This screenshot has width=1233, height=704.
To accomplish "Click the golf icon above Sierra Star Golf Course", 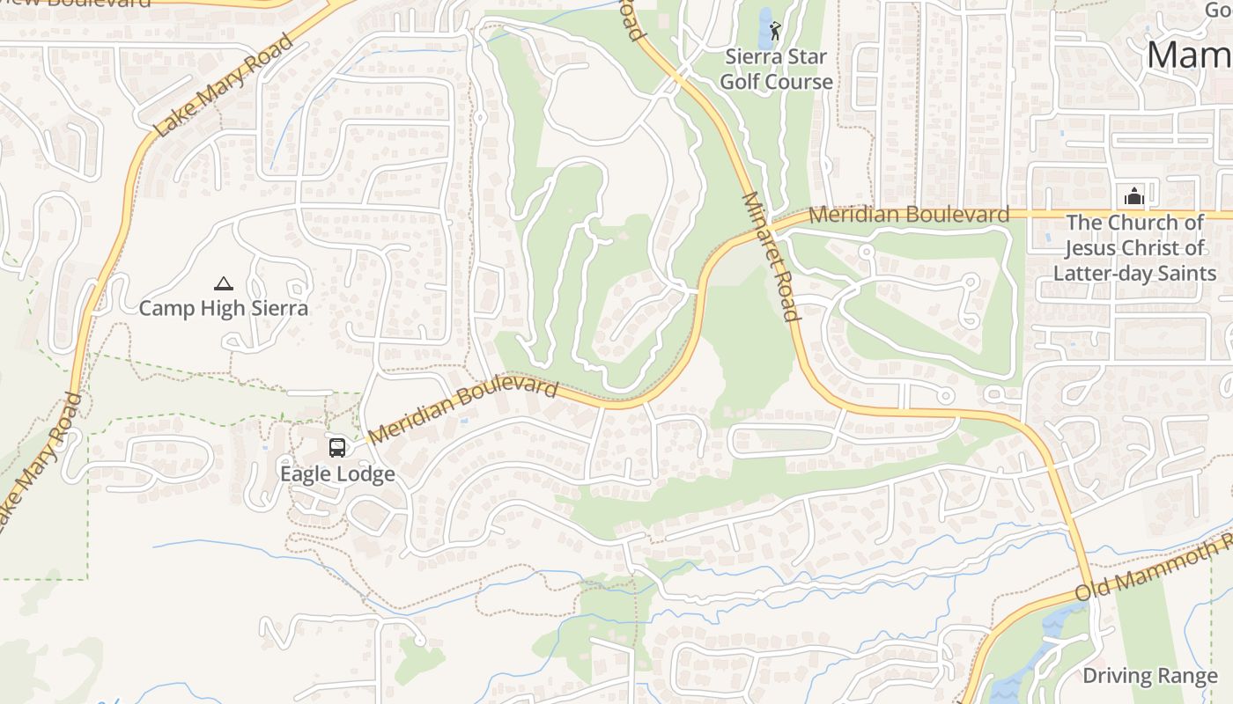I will (x=775, y=31).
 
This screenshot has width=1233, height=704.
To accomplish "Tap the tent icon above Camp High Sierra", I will (x=224, y=283).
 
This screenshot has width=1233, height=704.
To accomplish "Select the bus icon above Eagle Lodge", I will (x=337, y=448).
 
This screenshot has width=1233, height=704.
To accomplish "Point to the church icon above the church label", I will (x=1134, y=195).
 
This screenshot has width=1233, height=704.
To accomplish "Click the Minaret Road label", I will (x=771, y=256).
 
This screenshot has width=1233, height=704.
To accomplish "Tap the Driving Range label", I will (x=1149, y=676).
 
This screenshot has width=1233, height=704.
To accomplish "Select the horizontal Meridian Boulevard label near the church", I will (x=908, y=214).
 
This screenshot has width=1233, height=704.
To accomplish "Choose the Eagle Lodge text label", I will (x=337, y=474).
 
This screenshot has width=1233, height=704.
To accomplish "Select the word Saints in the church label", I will (x=1189, y=273).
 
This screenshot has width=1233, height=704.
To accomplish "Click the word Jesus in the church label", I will (x=1095, y=247).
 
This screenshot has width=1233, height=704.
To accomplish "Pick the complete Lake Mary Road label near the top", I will (x=223, y=85).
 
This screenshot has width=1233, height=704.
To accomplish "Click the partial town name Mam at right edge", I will (x=1189, y=55).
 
